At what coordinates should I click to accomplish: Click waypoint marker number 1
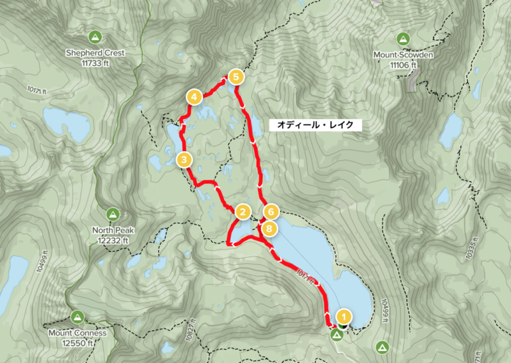343,316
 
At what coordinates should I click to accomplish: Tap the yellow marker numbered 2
243,212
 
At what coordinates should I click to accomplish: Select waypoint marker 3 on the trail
184,160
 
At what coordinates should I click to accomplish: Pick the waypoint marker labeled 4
194,98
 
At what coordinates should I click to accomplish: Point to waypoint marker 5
234,77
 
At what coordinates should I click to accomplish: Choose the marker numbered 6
270,212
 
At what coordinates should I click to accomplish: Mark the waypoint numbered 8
268,229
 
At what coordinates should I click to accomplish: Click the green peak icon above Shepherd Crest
95,37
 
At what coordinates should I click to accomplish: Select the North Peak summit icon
113,215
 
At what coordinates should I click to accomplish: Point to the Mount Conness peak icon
77,317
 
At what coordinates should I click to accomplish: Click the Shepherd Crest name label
95,53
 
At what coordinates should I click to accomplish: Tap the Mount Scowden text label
403,55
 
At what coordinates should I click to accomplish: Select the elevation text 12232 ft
113,239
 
